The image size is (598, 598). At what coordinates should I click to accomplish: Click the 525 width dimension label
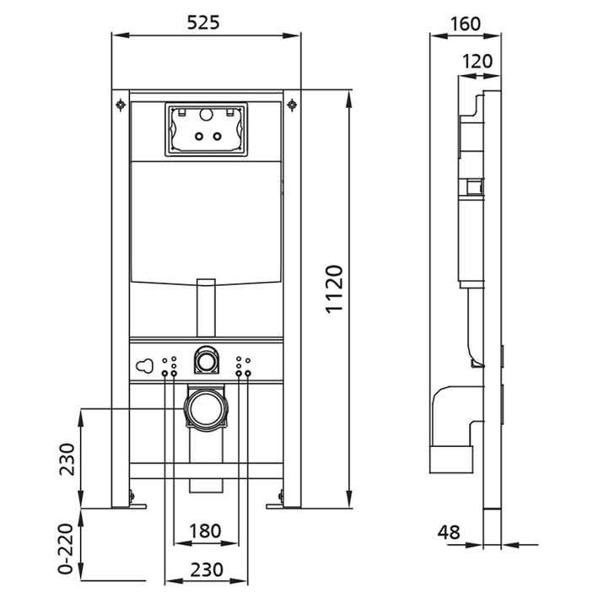203,23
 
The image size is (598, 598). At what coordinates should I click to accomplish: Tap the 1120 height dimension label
335,289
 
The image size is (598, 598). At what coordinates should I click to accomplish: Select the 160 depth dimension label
466,24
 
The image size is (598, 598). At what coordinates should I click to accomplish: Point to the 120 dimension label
477,61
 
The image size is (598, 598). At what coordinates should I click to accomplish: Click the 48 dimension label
449,532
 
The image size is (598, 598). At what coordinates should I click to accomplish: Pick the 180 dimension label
205,531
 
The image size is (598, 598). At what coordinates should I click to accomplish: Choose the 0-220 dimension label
65,549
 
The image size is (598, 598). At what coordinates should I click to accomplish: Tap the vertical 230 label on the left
67,459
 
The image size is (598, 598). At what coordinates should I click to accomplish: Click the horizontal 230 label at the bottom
207,570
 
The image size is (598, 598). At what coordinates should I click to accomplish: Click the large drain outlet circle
206,410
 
